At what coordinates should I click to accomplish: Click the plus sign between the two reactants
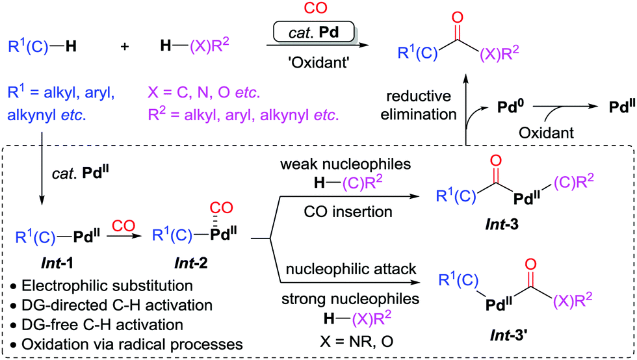click(x=125, y=47)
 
